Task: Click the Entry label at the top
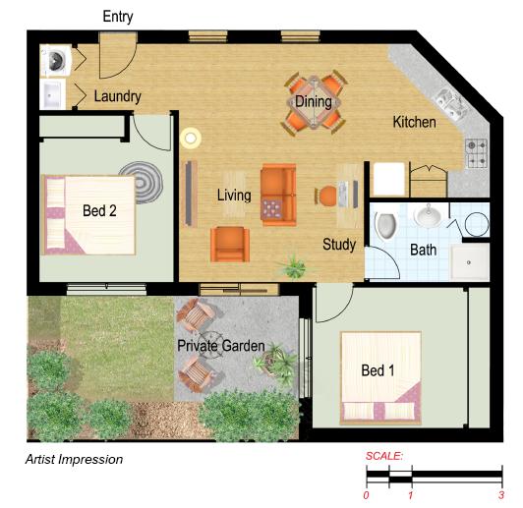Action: [118, 17]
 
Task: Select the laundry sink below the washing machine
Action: [53, 95]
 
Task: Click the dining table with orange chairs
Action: [314, 102]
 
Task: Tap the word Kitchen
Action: [414, 122]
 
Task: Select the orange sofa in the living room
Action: [277, 193]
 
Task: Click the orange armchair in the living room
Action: [229, 243]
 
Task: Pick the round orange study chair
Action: [325, 197]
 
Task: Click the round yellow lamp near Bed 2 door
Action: [191, 139]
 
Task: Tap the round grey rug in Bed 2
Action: [148, 181]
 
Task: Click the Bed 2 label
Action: [99, 211]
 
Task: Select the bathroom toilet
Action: [385, 226]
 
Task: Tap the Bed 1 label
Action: [378, 370]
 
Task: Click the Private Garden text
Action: [221, 346]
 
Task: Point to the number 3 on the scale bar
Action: [501, 494]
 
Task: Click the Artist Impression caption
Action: [74, 459]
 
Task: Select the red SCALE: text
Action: [384, 457]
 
